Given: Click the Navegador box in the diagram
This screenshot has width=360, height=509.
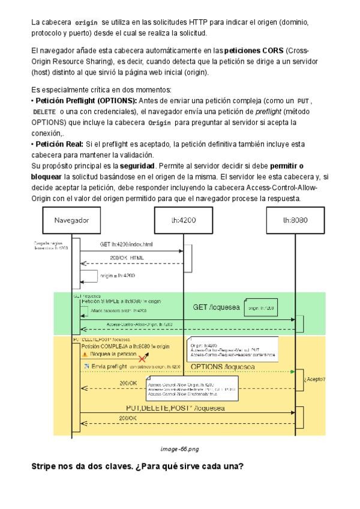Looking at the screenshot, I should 71,220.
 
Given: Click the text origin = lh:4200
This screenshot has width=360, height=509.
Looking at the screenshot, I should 117,276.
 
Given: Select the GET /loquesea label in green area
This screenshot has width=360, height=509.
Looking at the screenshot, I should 216,307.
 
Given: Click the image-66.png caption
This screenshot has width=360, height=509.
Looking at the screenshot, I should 179,431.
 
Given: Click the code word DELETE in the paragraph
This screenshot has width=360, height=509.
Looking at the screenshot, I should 44,112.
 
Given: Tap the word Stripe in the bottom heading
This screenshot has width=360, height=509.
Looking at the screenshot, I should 44,450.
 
